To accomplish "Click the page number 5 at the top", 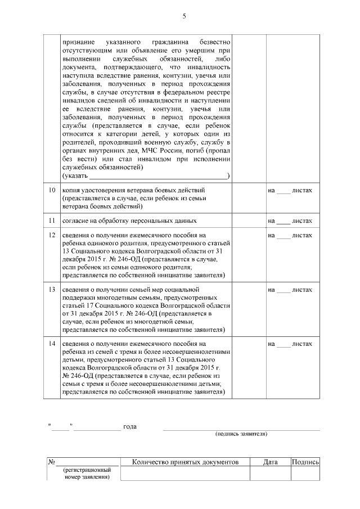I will (184, 16).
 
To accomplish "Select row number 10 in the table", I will (52, 191).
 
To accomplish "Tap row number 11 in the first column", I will (52, 220).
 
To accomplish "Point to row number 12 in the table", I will (52, 235).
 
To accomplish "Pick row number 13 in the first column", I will (52, 289).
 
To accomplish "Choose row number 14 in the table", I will (52, 343).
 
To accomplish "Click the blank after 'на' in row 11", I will (283, 221).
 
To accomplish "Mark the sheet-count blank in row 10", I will (283, 191).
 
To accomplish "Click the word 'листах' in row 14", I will (303, 343).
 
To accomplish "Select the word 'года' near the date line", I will (130, 426).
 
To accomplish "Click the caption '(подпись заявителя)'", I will (241, 434).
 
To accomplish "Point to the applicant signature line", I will (241, 429).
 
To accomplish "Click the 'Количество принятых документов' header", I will (185, 462).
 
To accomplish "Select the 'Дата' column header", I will (270, 462).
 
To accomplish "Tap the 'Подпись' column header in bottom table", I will (305, 462).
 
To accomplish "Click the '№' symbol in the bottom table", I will (51, 462).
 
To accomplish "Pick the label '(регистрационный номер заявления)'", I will (87, 473).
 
